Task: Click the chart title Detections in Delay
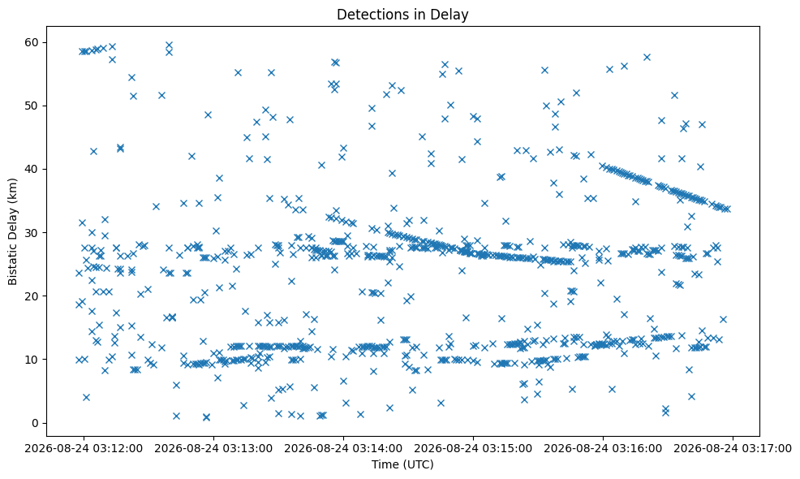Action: click(402, 15)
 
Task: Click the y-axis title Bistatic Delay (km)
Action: click(13, 232)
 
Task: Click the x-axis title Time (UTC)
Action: click(402, 464)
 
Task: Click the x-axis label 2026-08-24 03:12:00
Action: click(84, 449)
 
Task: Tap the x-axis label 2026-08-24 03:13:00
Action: click(213, 449)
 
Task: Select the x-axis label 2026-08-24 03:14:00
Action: click(343, 449)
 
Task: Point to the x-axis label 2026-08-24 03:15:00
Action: click(473, 449)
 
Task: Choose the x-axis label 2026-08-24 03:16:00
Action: click(603, 449)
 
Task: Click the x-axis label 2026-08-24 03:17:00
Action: click(733, 449)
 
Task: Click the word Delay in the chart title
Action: click(453, 15)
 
